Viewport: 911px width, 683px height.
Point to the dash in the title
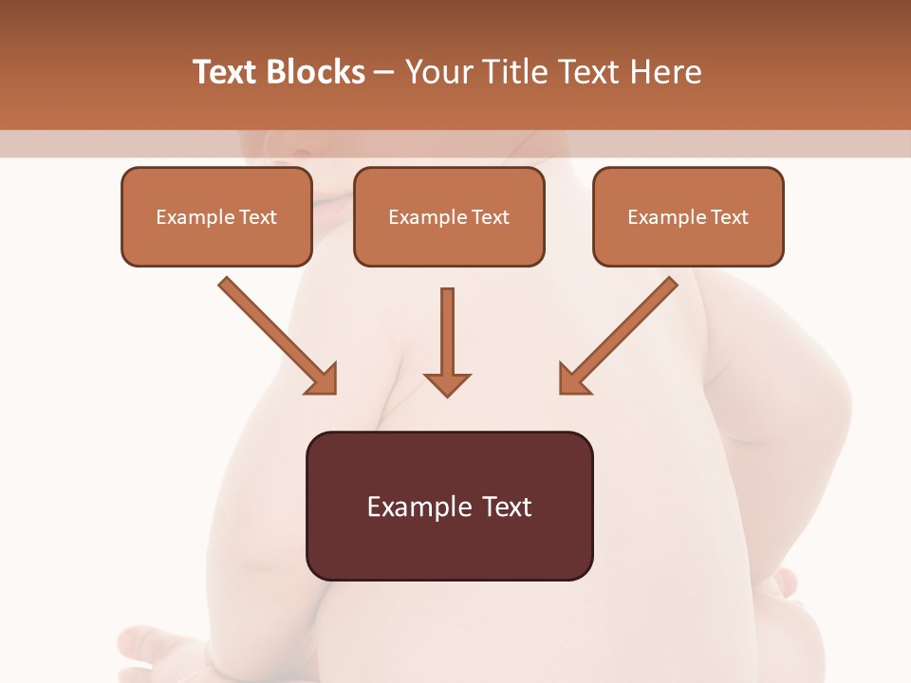point(385,72)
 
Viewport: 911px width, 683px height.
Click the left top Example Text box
point(216,216)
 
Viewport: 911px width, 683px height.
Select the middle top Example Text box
point(449,216)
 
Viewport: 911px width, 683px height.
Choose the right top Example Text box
point(688,216)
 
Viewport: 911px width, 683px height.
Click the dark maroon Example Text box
point(449,507)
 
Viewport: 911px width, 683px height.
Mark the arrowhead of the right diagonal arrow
point(574,378)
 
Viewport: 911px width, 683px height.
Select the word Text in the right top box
point(730,216)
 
